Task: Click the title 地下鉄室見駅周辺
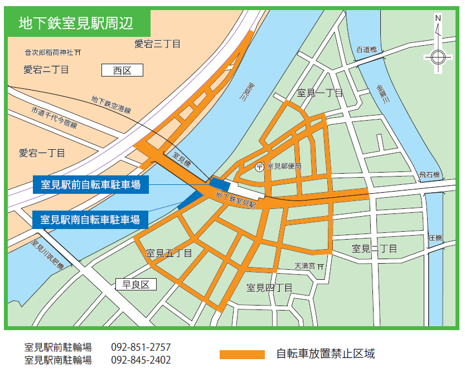coord(76,23)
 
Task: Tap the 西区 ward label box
coord(122,70)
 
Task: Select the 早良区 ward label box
coord(137,285)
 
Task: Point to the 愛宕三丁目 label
coord(158,44)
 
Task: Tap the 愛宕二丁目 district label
coord(46,70)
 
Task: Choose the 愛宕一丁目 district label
coord(42,152)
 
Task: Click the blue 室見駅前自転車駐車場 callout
coord(91,184)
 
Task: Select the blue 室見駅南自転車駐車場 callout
coord(91,218)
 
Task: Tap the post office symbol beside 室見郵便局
coord(259,166)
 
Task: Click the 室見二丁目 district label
coord(375,248)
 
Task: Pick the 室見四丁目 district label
coord(270,288)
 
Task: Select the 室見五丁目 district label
coord(169,254)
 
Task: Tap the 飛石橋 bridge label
coord(429,175)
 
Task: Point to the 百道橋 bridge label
coord(366,50)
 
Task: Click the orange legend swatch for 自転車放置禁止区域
coord(242,354)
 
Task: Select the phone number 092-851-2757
coord(141,347)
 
